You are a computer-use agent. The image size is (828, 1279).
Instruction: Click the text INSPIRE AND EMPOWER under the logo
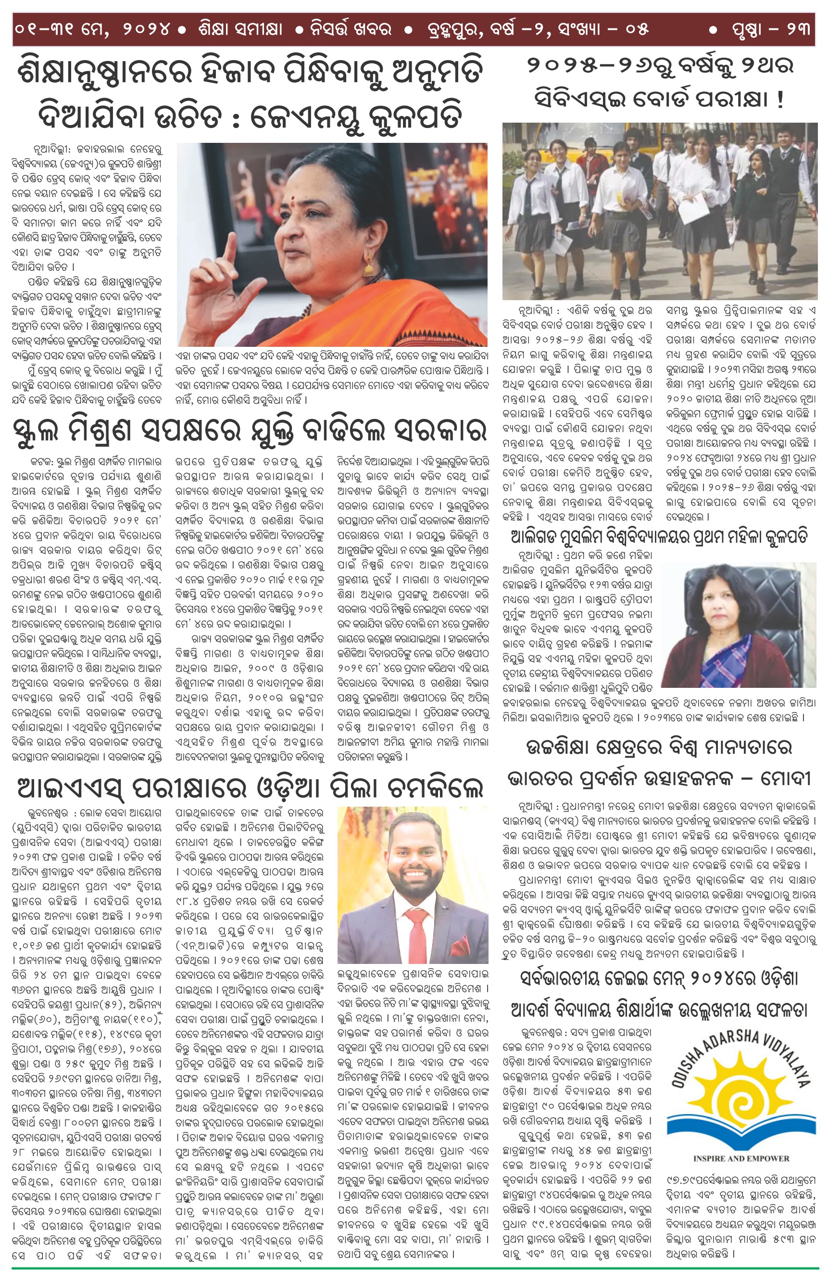click(741, 1158)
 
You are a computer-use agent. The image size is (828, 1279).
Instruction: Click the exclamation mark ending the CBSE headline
click(780, 100)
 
